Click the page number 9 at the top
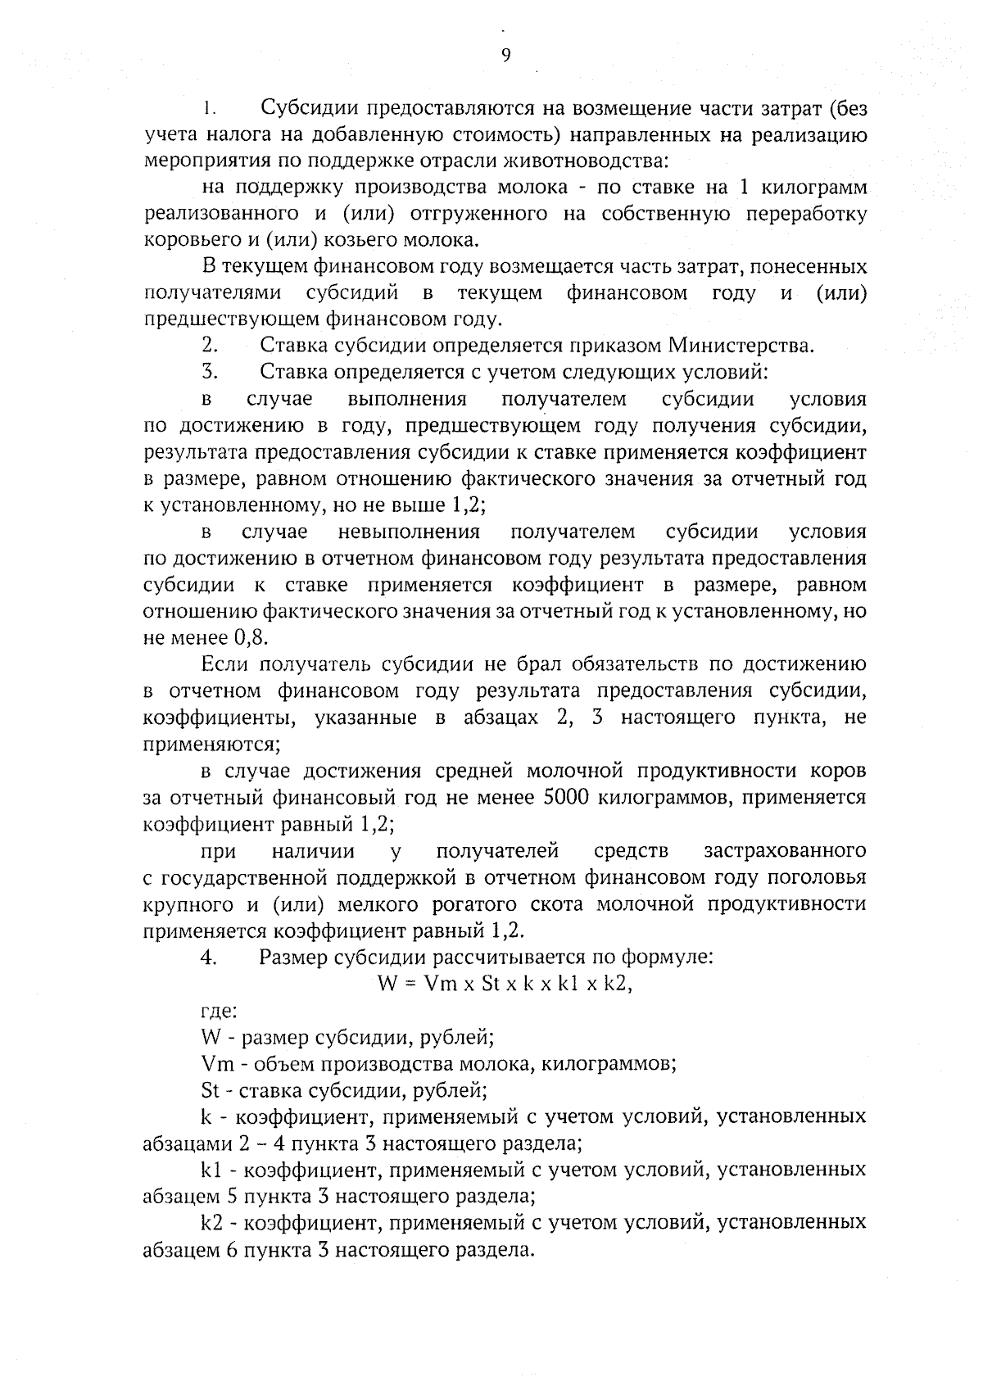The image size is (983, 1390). [x=505, y=55]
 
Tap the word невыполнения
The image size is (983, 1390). [x=408, y=532]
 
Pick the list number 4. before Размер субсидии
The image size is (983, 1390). [x=208, y=958]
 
